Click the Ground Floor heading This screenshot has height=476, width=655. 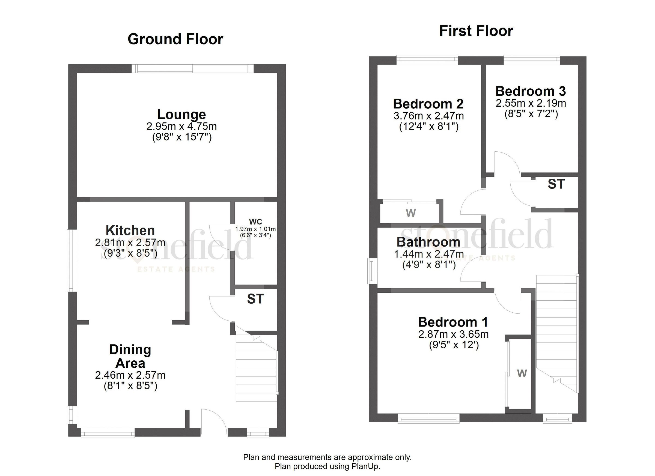[x=175, y=39]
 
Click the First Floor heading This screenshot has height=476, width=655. [x=476, y=31]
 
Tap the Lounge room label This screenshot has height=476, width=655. [x=181, y=115]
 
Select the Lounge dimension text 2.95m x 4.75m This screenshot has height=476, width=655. [x=181, y=126]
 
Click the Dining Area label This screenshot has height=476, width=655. [x=130, y=357]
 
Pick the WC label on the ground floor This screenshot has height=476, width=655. [x=256, y=222]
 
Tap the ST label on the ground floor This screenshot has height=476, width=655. [x=256, y=299]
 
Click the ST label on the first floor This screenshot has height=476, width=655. [x=556, y=184]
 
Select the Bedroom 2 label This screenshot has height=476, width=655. [x=428, y=104]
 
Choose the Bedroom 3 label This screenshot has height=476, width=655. [x=531, y=91]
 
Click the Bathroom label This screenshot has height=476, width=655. [x=428, y=242]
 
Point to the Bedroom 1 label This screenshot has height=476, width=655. [x=453, y=322]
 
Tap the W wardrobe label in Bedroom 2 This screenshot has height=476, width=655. [x=411, y=213]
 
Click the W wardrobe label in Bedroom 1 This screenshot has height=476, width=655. [x=522, y=373]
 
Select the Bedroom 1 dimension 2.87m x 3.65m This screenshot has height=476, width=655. [x=453, y=334]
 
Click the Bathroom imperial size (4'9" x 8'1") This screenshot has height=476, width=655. [x=429, y=265]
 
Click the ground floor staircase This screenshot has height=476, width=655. [x=256, y=372]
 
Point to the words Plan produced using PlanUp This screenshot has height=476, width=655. [x=327, y=466]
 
